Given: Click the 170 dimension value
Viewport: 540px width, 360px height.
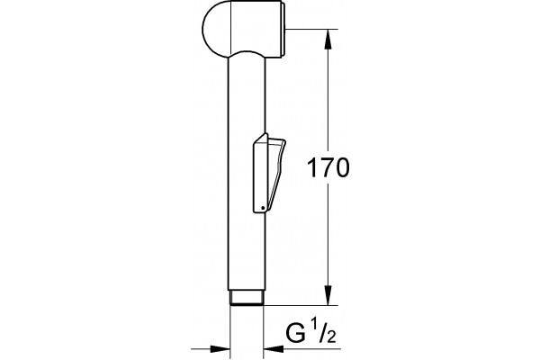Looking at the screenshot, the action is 328,167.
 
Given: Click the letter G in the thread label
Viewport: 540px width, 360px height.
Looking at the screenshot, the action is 296,334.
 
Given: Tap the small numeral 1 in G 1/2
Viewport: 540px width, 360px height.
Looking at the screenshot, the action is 314,325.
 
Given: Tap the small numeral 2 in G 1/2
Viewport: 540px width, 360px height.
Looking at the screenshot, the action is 331,337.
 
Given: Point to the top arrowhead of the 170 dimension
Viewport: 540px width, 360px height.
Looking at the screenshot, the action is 328,39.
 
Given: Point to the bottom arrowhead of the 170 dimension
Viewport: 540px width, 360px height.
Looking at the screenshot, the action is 328,295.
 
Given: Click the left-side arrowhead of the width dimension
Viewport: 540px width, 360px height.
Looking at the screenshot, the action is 220,348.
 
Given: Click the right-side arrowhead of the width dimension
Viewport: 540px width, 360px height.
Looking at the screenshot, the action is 273,348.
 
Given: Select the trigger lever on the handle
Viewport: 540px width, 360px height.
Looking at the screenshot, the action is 269,173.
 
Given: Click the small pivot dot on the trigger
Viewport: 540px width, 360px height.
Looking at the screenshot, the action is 263,208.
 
